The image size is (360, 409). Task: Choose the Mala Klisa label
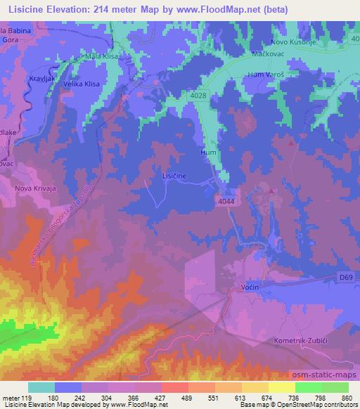click(x=99, y=55)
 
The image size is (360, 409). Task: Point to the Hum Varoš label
click(x=264, y=74)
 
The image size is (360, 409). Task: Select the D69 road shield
click(x=344, y=278)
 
